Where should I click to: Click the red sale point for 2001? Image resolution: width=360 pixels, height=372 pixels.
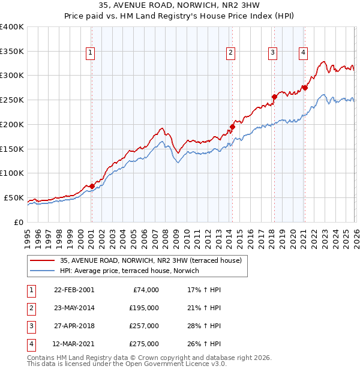[x=92, y=186]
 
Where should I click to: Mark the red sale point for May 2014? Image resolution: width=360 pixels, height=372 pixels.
[x=232, y=127]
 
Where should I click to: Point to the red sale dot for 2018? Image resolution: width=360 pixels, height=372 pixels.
[x=274, y=96]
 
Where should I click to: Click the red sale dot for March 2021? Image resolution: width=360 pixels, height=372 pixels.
[x=305, y=88]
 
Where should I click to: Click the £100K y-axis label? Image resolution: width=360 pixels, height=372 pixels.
[x=12, y=173]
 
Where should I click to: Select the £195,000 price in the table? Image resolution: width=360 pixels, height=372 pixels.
[x=144, y=308]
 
